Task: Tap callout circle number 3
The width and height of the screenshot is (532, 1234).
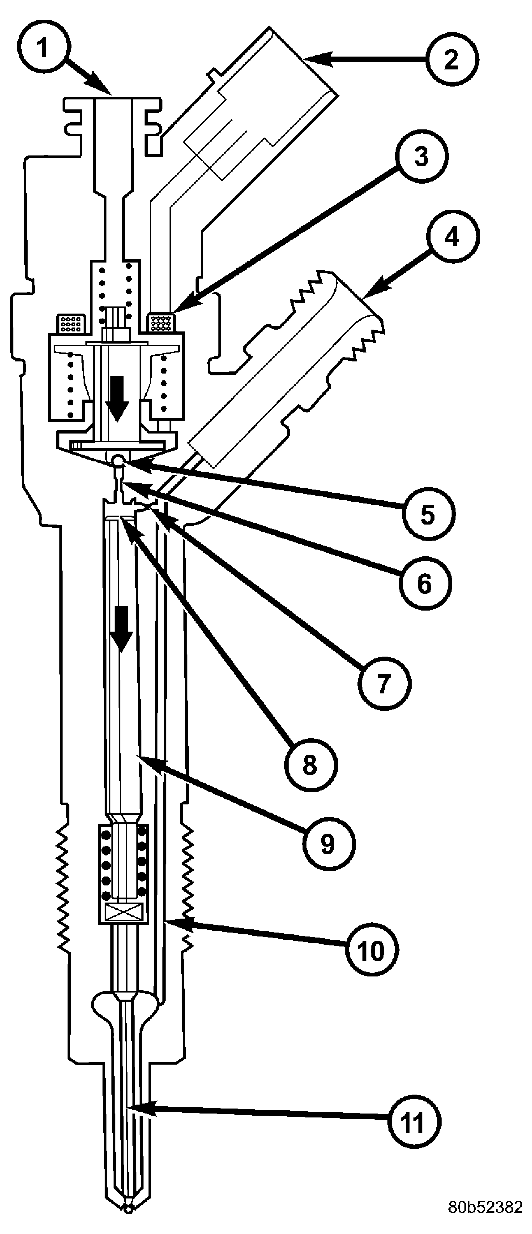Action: click(421, 157)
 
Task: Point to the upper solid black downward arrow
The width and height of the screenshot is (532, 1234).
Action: click(117, 397)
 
